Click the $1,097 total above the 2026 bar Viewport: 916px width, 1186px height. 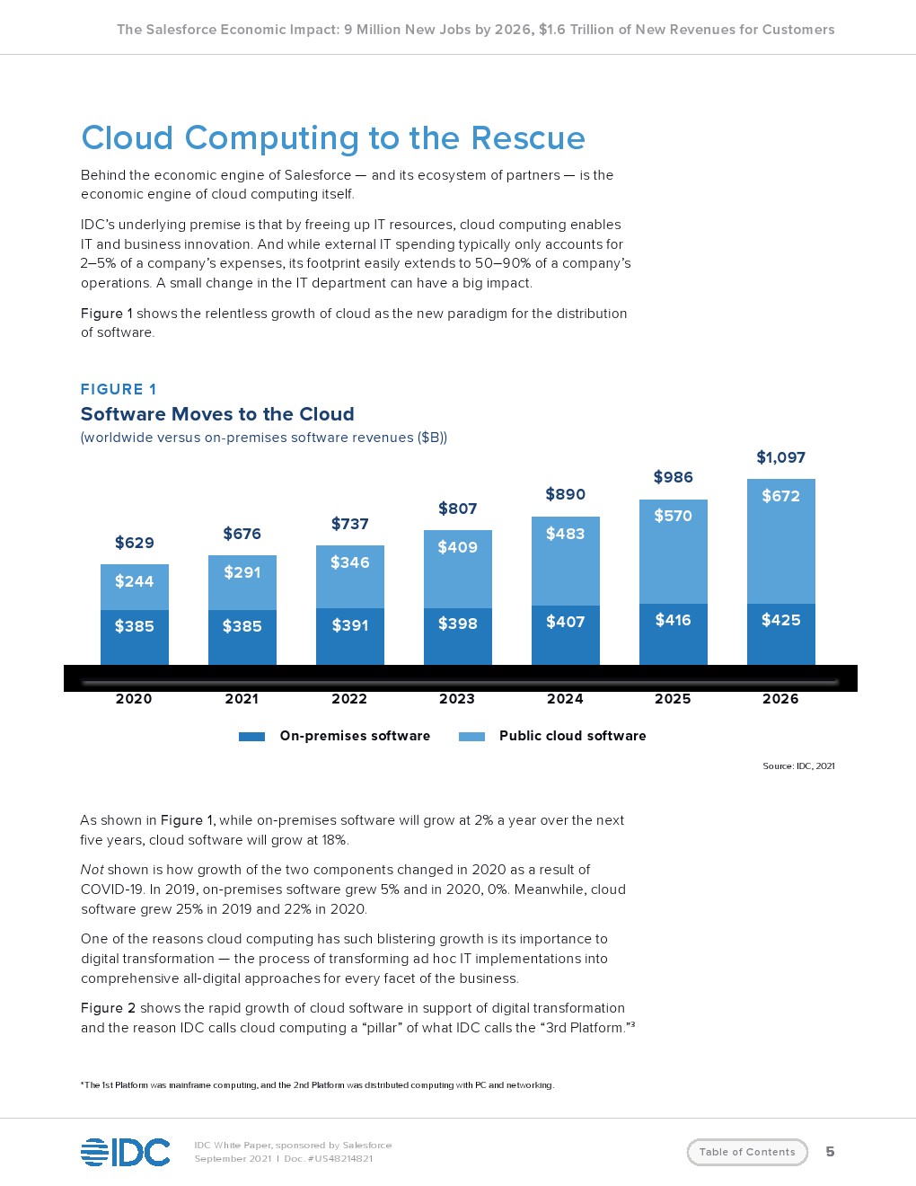click(x=780, y=457)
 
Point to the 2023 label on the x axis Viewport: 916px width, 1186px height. click(x=457, y=699)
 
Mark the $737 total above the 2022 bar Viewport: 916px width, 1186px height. click(x=349, y=524)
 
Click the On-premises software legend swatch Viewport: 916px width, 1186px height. click(x=251, y=737)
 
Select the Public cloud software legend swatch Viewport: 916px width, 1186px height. click(x=471, y=737)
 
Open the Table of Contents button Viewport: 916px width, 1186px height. click(x=747, y=1152)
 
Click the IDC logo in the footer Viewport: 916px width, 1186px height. click(x=126, y=1152)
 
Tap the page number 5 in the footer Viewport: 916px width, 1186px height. click(x=830, y=1152)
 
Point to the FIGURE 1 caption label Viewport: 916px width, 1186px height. click(x=119, y=389)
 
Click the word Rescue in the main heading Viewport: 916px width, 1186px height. click(x=528, y=138)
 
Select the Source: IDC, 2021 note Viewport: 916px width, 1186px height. click(x=798, y=766)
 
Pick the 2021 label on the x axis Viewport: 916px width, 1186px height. click(x=242, y=699)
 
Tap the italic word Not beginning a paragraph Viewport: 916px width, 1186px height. click(x=92, y=870)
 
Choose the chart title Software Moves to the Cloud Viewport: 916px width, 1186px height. click(x=217, y=414)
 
